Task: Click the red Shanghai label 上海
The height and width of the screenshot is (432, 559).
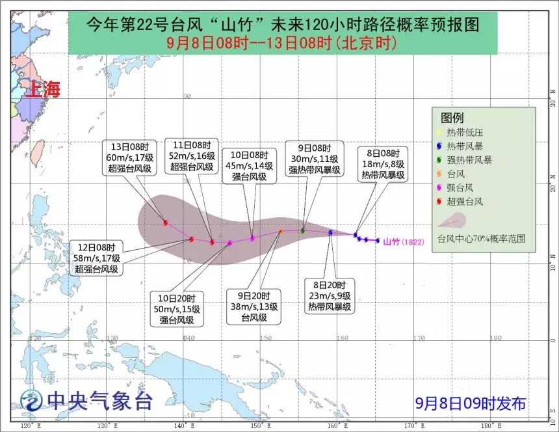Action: [x=42, y=89]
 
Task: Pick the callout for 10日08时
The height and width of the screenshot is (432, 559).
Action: [x=250, y=165]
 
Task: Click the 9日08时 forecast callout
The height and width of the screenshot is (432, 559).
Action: [x=315, y=159]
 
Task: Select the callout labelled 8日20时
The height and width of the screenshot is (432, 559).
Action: [x=330, y=296]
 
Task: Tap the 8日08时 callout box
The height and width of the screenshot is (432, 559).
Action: [x=383, y=163]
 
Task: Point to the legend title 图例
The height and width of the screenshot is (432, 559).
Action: [x=452, y=118]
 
